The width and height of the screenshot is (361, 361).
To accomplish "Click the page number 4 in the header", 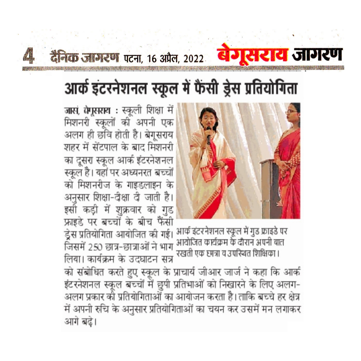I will (x=29, y=56).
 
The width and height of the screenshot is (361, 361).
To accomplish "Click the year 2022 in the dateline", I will (x=193, y=59).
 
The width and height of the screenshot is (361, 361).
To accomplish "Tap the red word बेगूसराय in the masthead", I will (x=252, y=55).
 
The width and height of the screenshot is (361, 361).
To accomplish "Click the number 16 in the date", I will (x=152, y=59).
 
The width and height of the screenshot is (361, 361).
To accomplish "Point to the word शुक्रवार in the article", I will (x=128, y=210).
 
